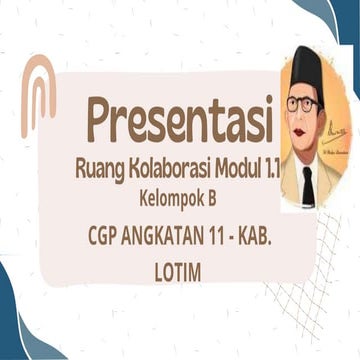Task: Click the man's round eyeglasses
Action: click(302, 103)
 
